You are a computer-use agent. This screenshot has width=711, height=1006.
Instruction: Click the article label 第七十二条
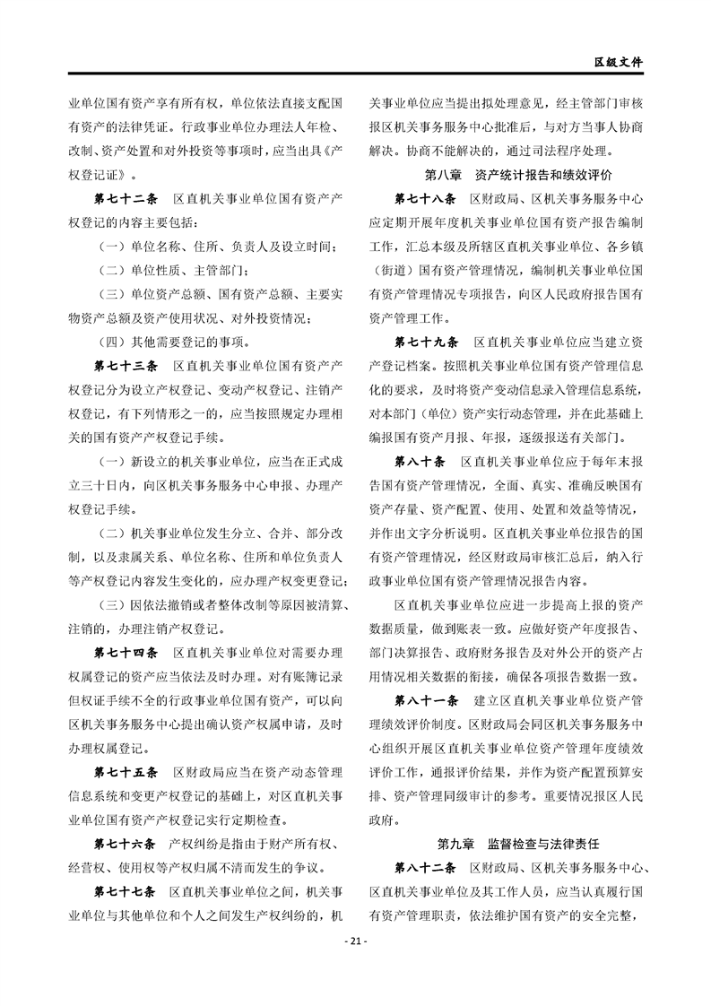[126, 196]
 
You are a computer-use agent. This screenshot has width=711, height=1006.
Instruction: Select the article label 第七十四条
[126, 649]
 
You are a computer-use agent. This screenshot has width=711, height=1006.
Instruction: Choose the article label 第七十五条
[126, 770]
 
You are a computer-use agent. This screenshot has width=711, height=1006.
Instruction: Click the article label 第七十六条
[126, 844]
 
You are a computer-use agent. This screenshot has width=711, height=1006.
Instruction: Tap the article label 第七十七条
[126, 892]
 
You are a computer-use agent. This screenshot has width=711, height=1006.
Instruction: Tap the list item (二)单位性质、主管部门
[165, 269]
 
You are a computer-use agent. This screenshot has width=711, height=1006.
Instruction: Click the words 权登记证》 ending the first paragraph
[103, 172]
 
